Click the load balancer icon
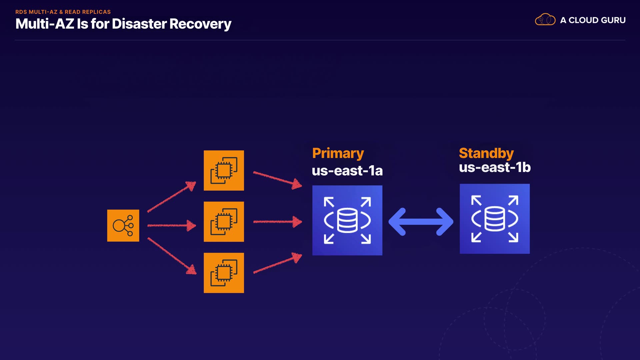tap(123, 226)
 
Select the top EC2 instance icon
tap(224, 171)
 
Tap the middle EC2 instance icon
tap(224, 222)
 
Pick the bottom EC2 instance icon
tap(224, 273)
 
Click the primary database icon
tap(347, 220)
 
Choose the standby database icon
tap(494, 219)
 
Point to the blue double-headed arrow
tap(421, 222)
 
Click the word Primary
tap(338, 153)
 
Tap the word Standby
tap(486, 153)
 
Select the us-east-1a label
tap(347, 171)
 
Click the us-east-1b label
tap(494, 167)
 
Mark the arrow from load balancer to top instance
tap(172, 197)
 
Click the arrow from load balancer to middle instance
tap(172, 226)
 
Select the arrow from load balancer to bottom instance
tap(172, 256)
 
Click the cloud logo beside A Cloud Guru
tap(545, 20)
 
